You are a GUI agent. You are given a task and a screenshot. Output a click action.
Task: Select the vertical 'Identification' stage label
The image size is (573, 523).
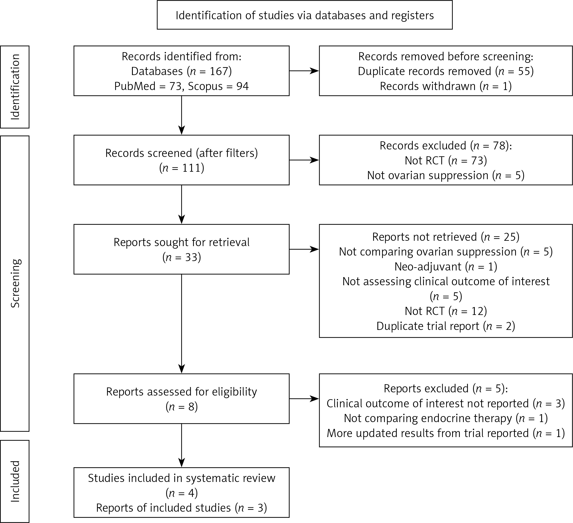tap(15, 87)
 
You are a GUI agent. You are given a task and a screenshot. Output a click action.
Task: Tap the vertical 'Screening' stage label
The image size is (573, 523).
tap(15, 283)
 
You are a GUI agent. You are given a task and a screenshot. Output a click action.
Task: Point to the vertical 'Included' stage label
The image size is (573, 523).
tap(15, 482)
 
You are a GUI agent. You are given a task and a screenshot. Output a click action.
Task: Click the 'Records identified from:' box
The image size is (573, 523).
tap(182, 71)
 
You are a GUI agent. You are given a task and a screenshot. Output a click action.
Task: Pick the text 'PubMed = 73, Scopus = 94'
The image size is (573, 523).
tap(182, 86)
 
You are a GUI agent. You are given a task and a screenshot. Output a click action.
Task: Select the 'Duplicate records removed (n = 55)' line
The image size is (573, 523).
tap(446, 71)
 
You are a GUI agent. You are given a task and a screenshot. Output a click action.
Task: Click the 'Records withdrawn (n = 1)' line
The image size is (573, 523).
tap(446, 86)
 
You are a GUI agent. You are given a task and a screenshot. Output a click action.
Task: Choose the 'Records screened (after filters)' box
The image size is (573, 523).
tap(182, 160)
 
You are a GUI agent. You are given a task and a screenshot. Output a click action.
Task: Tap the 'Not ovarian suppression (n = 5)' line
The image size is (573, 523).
tap(446, 175)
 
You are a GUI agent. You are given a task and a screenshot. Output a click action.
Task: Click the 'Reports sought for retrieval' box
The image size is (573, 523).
tap(182, 249)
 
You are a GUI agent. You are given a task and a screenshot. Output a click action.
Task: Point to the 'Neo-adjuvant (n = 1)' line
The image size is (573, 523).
tap(446, 267)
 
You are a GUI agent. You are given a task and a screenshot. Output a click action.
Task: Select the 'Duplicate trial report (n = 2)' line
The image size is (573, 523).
tap(446, 326)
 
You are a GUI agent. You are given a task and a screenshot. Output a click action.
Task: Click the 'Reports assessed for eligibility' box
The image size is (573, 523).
tap(182, 399)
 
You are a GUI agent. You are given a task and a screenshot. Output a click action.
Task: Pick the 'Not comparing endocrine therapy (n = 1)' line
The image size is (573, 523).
tap(446, 418)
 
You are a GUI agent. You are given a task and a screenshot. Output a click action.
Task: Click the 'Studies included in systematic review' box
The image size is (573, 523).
tap(182, 493)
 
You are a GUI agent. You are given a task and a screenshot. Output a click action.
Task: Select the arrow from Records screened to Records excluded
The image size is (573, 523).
tap(304, 160)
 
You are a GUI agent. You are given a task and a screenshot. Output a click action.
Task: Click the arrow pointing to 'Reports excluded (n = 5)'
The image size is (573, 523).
tap(304, 399)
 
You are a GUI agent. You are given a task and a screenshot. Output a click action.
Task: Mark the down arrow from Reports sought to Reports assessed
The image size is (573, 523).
tap(182, 324)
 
